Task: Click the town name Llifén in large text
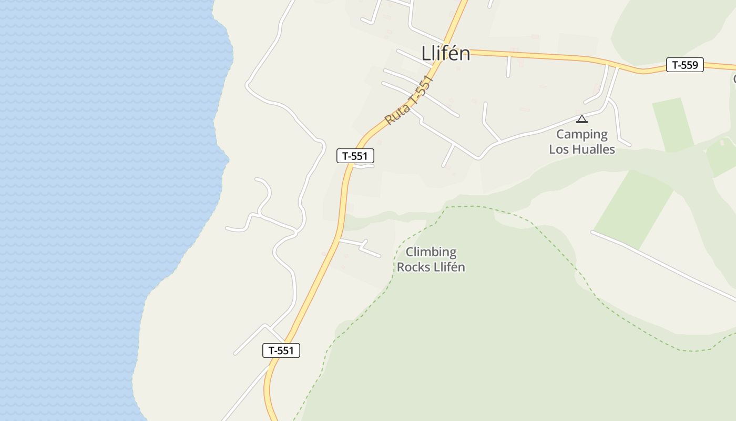(445, 53)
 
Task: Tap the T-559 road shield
(684, 65)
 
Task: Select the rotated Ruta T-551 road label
(409, 101)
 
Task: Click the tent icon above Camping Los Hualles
(581, 119)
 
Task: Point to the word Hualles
(594, 149)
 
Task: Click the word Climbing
(431, 252)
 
